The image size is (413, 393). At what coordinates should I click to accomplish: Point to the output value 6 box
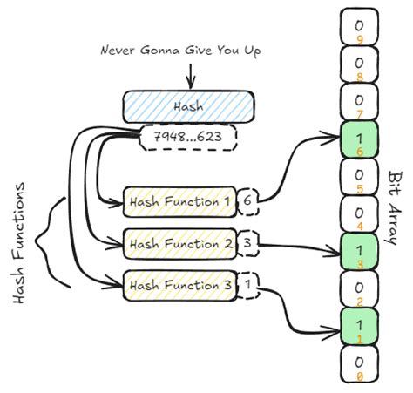pos(248,200)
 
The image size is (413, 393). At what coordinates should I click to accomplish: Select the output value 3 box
pos(248,242)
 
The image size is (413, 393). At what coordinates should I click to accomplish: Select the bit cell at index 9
pos(359,27)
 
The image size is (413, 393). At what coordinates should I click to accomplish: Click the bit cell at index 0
pos(359,362)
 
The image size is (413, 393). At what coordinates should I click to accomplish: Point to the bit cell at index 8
pos(359,64)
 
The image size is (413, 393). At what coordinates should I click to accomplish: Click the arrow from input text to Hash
pos(190,75)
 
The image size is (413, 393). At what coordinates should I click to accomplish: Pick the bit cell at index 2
pos(359,288)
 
